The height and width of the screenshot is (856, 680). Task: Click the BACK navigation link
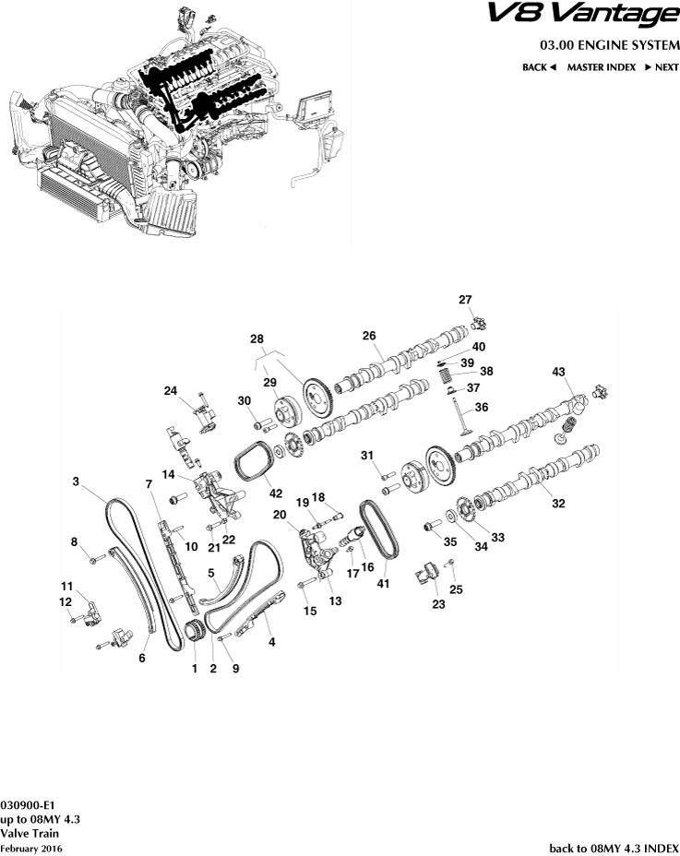click(539, 67)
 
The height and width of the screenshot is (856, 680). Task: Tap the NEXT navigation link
click(662, 67)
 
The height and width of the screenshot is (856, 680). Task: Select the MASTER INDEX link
click(601, 67)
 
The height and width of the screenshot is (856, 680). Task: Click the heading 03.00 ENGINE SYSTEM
click(609, 45)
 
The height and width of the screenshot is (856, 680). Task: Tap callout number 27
click(465, 299)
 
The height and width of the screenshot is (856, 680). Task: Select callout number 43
click(558, 371)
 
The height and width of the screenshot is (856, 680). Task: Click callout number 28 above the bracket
click(256, 339)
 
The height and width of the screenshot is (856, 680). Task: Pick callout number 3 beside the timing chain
click(77, 481)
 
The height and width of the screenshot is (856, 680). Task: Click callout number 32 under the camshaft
click(557, 503)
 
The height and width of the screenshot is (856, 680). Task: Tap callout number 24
click(170, 390)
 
